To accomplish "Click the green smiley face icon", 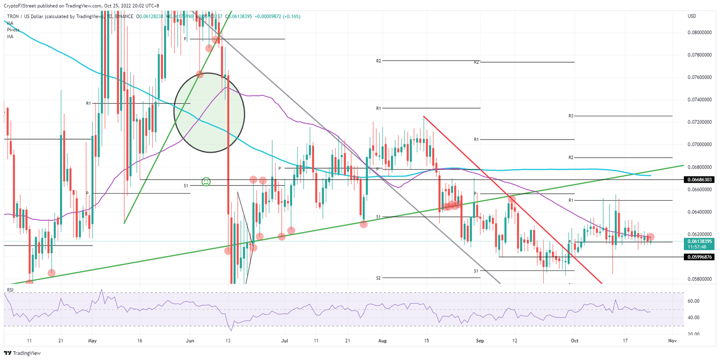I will tap(205, 181).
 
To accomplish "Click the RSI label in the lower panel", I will tap(10, 290).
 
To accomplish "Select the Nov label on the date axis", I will tap(672, 341).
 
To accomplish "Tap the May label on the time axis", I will tap(92, 341).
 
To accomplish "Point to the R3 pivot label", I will tap(571, 116).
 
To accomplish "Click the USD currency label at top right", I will tap(691, 16).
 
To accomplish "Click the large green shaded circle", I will tap(209, 112).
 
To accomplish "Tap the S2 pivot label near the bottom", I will tap(378, 278).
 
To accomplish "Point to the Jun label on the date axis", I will tap(190, 341).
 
